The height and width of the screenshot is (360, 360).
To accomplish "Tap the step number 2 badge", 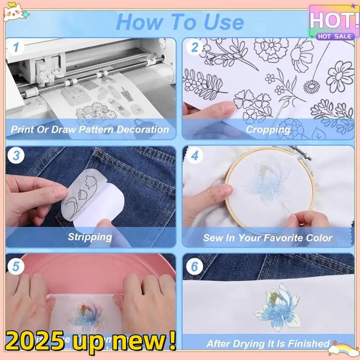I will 195,47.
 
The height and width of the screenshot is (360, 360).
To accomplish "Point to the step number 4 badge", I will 195,156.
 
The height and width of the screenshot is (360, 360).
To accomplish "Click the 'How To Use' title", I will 180,21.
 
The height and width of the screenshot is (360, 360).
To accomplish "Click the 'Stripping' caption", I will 90,237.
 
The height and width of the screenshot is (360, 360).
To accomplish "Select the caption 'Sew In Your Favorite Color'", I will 268,238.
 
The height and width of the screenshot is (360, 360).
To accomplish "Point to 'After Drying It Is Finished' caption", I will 268,343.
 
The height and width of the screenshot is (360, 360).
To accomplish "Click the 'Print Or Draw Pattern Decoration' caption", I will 90,130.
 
